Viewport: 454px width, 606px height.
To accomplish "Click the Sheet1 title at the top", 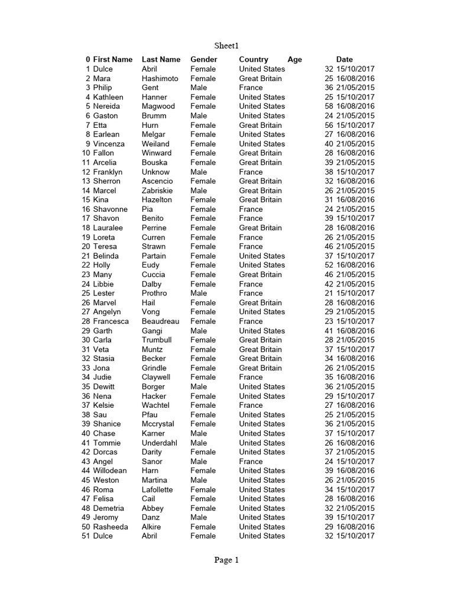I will point(226,46).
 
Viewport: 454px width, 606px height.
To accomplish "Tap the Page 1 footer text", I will point(226,560).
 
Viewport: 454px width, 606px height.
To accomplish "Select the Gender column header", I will point(203,59).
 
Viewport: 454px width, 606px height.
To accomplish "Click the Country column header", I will point(253,59).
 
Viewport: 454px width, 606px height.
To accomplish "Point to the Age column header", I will point(294,59).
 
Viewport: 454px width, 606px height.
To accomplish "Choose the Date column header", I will point(344,59).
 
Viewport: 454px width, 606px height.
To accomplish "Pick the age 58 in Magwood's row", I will point(329,106).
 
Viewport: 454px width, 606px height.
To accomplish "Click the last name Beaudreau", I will point(160,321).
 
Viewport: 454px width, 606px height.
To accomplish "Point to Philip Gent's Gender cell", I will point(199,88).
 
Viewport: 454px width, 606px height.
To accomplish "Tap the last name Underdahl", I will point(159,443).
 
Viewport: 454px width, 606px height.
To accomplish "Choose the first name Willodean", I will point(109,470).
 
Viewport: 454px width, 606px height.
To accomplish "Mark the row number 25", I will point(86,293).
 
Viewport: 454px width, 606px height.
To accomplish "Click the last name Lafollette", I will point(157,489).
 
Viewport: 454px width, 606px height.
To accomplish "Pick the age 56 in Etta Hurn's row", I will point(329,125).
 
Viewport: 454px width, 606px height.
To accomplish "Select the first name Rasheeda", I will point(110,527).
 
